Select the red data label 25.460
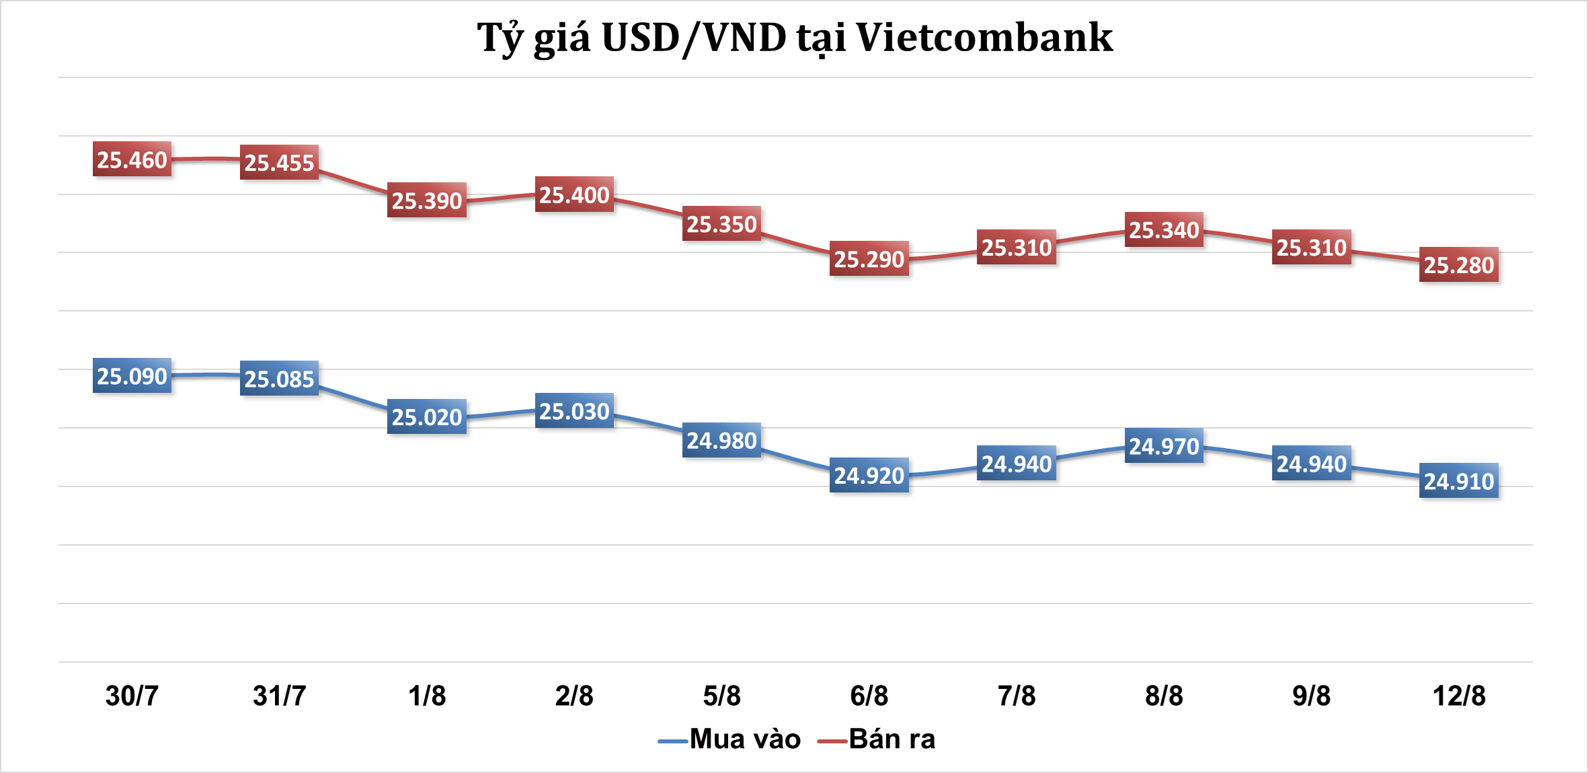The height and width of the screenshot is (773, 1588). (x=132, y=159)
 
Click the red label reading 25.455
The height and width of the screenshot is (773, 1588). (x=279, y=162)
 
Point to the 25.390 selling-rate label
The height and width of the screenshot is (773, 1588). (x=427, y=200)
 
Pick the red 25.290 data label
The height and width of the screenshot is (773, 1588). (x=869, y=258)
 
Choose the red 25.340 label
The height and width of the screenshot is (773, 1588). (x=1164, y=229)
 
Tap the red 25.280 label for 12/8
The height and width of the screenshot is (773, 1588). (x=1459, y=264)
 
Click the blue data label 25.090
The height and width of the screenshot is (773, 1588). (x=132, y=375)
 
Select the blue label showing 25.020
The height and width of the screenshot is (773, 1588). (x=427, y=416)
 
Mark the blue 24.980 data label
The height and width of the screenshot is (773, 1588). (x=721, y=440)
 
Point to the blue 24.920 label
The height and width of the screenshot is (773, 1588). (x=869, y=475)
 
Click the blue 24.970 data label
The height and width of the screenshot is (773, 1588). (x=1164, y=445)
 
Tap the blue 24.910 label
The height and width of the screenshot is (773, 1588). (x=1459, y=480)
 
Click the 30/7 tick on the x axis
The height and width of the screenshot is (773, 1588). (x=132, y=695)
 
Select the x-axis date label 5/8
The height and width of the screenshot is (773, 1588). (x=721, y=695)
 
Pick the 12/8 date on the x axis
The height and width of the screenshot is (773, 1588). (x=1459, y=695)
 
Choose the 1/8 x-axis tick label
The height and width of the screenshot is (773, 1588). (x=427, y=695)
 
